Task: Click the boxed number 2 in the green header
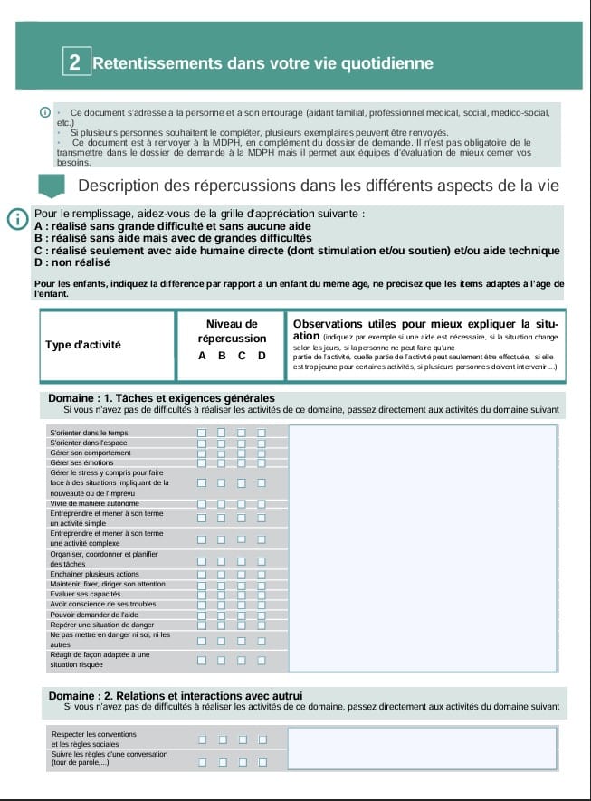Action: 74,62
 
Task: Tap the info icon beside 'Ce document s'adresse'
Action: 44,112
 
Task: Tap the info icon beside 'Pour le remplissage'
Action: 16,219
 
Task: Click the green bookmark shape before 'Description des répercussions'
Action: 54,186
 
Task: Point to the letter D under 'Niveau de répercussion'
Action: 262,356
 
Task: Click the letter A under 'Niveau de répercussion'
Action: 203,356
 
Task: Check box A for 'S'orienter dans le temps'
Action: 202,433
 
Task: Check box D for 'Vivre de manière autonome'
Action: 262,504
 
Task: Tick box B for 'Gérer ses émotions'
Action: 222,462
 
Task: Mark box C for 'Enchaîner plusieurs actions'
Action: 242,574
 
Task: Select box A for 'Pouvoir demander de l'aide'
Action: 202,614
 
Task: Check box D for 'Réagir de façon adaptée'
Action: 262,659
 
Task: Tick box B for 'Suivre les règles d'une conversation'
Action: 222,761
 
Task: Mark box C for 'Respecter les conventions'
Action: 242,739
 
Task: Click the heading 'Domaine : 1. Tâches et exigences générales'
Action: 161,398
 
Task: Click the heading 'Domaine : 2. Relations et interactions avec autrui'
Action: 176,695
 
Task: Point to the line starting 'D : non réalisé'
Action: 72,262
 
